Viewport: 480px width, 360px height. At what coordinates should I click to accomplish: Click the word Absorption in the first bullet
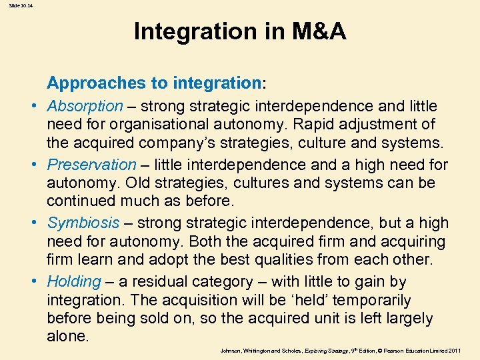click(85, 106)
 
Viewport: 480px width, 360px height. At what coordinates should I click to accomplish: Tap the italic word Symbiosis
click(84, 223)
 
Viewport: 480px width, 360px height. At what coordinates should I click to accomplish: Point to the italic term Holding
click(74, 281)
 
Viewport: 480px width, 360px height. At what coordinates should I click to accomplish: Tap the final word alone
click(67, 337)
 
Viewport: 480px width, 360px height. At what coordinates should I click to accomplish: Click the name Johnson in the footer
click(231, 350)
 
